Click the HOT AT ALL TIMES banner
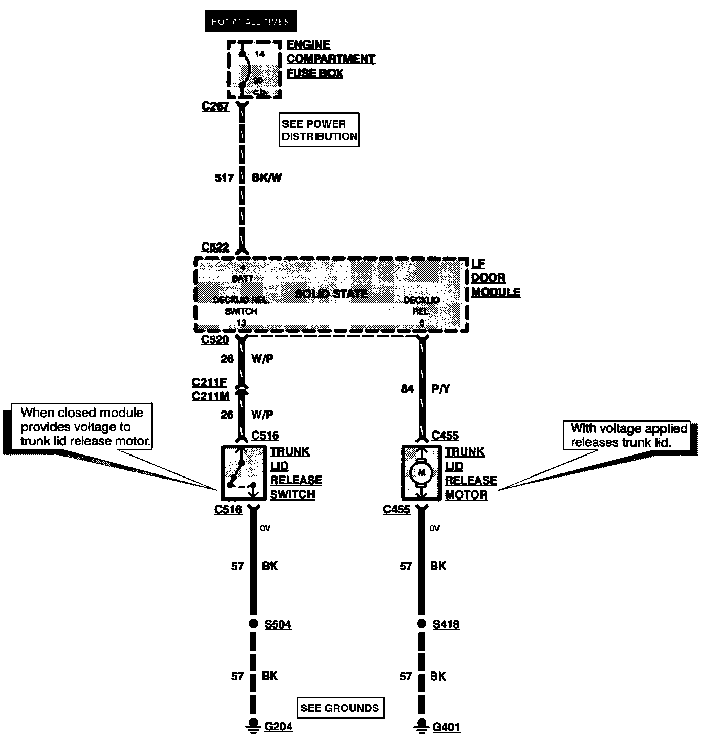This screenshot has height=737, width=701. [x=250, y=21]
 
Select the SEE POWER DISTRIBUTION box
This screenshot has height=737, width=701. [x=319, y=130]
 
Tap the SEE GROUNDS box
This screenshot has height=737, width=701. [x=340, y=708]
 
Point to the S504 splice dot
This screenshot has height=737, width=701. [x=253, y=623]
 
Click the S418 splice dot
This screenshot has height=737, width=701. [x=421, y=623]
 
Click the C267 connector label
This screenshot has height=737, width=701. [x=215, y=106]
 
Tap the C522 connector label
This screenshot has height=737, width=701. [x=215, y=247]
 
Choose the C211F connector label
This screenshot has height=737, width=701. [x=209, y=382]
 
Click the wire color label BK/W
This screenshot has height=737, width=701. [x=267, y=178]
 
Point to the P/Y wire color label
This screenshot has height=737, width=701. [x=441, y=389]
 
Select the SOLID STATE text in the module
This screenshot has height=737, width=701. [x=332, y=294]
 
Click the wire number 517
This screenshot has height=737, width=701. [x=224, y=178]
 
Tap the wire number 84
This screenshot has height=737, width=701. [x=407, y=389]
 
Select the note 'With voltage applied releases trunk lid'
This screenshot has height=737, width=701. [x=628, y=435]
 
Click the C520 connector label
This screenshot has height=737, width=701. [x=215, y=340]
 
